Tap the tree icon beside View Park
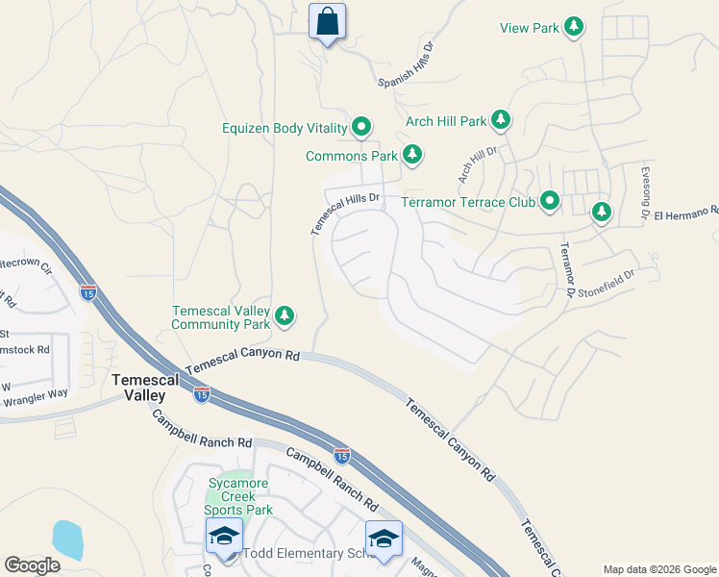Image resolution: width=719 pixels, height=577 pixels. point(574,27)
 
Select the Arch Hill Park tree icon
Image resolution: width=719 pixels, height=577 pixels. point(500,120)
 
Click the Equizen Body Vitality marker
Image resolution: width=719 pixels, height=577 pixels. point(361,126)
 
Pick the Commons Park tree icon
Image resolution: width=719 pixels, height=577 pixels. point(412,154)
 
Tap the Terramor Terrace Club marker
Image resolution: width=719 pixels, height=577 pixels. point(550,201)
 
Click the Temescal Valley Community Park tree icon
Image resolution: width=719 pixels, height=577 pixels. point(285,315)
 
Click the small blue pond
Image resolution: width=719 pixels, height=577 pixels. point(67,539)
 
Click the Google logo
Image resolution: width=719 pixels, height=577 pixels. point(33,564)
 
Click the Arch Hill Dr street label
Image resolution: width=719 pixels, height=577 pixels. point(477,164)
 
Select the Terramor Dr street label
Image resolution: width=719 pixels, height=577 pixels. point(567,268)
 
